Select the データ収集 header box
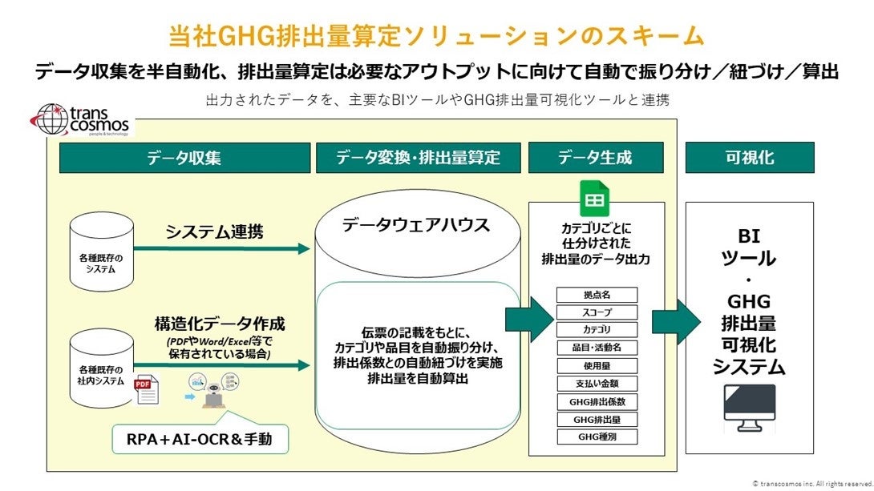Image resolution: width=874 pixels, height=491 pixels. [184, 158]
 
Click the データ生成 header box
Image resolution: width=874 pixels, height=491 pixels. [595, 158]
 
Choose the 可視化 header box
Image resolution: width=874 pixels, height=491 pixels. [749, 158]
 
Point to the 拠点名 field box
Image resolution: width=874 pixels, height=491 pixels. [596, 295]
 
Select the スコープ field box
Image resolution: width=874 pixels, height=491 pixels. [596, 312]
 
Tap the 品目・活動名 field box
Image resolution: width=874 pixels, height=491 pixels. [596, 348]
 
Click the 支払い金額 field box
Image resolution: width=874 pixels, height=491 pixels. [596, 384]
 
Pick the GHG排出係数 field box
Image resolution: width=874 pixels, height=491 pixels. [596, 401]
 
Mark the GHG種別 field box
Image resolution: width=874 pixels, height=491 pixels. [596, 437]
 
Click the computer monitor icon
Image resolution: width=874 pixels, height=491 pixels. [749, 408]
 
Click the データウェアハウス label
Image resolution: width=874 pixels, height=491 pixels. [415, 225]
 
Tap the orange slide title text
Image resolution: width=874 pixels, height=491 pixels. [437, 36]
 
